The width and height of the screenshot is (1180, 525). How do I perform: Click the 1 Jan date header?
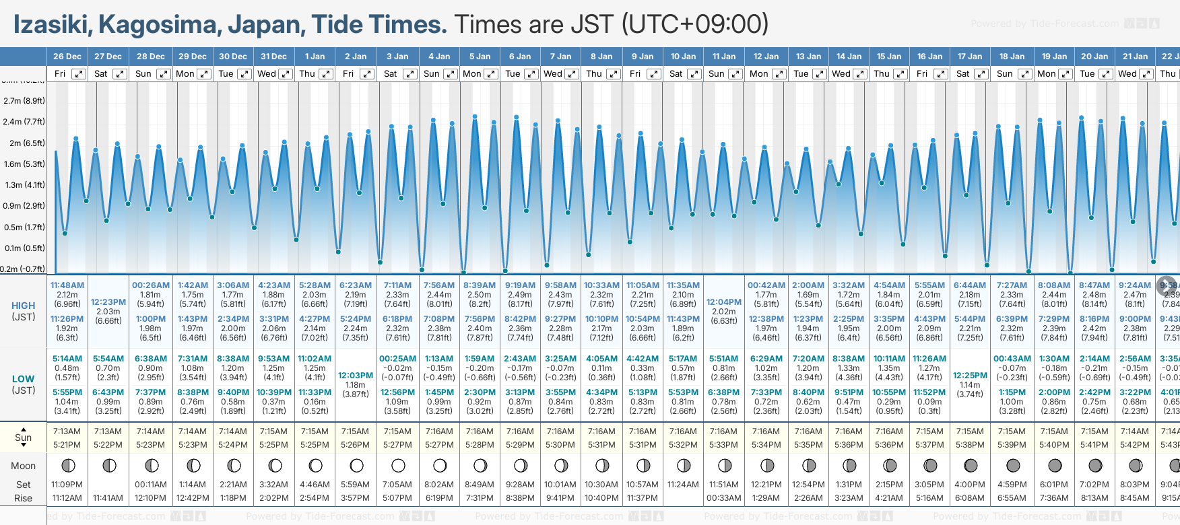315,57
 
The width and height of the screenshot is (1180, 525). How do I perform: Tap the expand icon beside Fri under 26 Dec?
79,74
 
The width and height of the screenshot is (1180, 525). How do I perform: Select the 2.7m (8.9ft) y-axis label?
24,101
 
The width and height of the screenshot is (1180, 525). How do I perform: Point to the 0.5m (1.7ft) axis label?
24,228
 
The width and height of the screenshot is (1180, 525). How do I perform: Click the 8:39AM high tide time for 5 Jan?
480,285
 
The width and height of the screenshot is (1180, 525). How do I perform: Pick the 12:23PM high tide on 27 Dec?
108,302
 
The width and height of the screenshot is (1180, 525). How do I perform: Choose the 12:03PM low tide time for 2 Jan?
356,376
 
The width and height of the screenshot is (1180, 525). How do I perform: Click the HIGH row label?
24,306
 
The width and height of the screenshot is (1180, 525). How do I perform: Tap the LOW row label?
24,379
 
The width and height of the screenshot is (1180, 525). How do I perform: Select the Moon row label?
24,466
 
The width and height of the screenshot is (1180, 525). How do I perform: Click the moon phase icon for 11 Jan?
725,465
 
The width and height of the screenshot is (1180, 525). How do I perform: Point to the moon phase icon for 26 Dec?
67,465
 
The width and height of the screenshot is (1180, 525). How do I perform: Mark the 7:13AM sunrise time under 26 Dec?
67,431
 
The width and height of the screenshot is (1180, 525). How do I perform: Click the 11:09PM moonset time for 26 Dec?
67,485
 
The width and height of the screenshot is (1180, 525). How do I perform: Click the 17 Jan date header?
971,57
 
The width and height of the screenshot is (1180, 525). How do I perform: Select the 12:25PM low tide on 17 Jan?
971,376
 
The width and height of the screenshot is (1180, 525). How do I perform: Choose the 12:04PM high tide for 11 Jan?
725,302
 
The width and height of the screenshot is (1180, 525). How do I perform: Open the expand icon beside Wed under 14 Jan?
860,74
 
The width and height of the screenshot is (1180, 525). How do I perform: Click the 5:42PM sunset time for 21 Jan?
1135,445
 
